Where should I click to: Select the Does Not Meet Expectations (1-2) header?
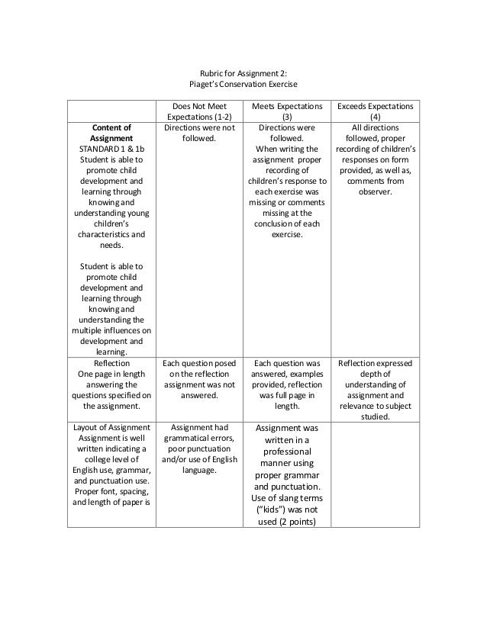[198, 111]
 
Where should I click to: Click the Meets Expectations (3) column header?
[286, 111]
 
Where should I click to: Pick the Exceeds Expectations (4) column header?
[374, 111]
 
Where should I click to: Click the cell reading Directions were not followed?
[198, 133]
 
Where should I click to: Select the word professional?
[286, 452]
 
